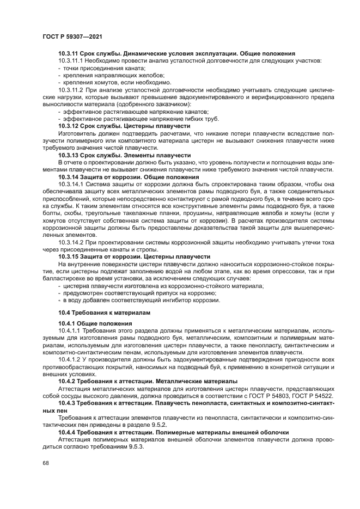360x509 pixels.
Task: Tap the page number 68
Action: click(x=45, y=462)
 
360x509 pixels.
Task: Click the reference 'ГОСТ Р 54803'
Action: click(x=275, y=396)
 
